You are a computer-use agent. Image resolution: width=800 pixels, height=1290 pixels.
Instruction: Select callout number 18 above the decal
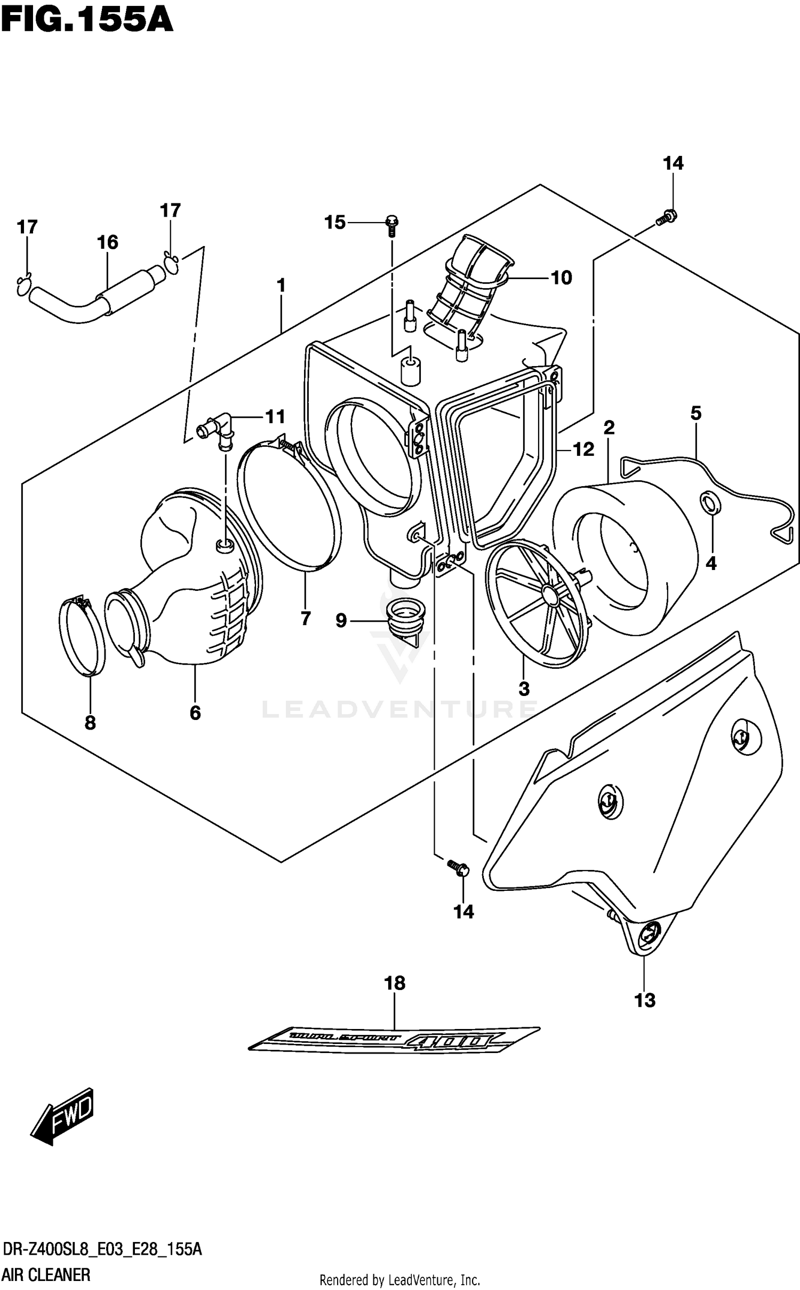click(x=395, y=983)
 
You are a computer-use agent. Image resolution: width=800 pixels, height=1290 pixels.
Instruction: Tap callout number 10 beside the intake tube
click(x=561, y=278)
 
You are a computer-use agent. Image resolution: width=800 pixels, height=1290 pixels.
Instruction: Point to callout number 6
click(x=195, y=713)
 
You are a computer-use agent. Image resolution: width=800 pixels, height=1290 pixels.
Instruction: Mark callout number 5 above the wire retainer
click(x=695, y=413)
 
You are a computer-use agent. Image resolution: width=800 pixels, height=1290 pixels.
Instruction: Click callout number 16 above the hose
click(x=107, y=242)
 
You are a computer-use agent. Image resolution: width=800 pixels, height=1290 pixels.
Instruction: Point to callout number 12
click(x=583, y=449)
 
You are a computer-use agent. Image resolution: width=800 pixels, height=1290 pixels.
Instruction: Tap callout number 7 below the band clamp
click(x=305, y=619)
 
